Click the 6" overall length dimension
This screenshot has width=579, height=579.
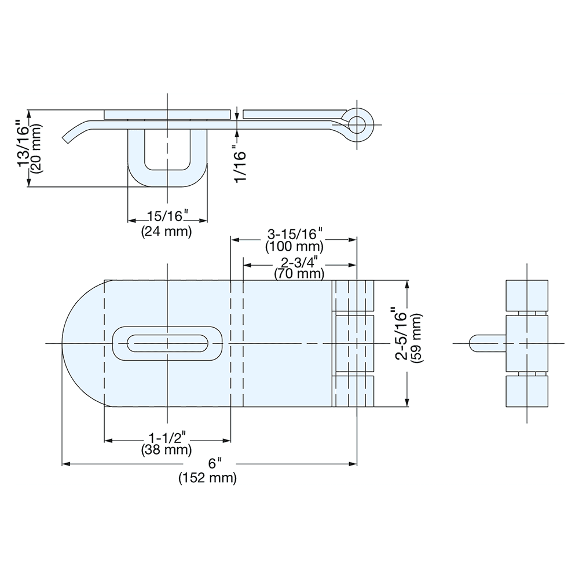point(215,463)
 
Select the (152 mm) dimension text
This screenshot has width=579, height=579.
point(208,478)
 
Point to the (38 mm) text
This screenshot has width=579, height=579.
point(167,449)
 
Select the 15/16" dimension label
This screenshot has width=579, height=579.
point(166,217)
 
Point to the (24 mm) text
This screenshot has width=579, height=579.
point(166,232)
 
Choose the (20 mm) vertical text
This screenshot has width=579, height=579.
point(36,145)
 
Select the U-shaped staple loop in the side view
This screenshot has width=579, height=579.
point(167,171)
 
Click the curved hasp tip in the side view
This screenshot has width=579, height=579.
point(72,133)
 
